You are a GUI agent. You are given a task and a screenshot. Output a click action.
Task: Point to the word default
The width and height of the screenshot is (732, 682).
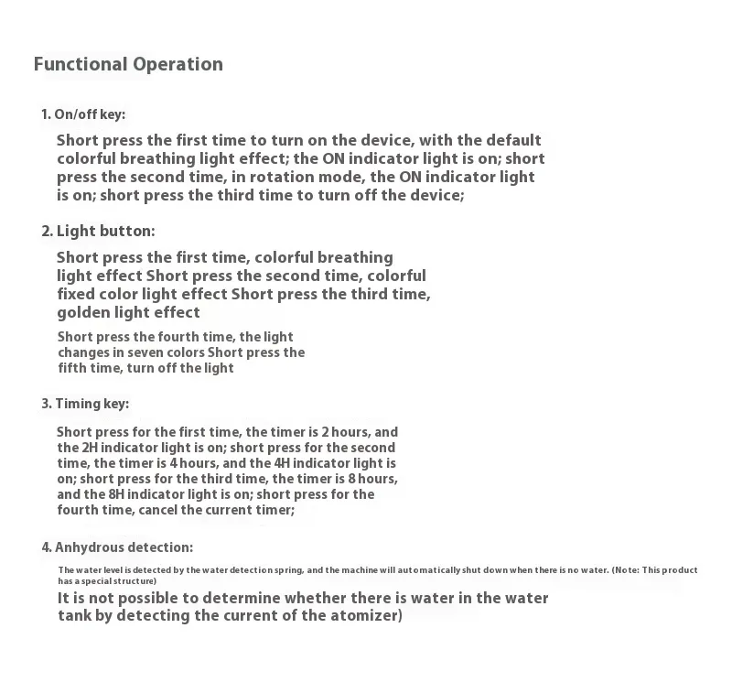tap(512, 140)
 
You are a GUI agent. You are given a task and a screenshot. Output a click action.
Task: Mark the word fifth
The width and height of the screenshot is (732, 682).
tap(73, 368)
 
